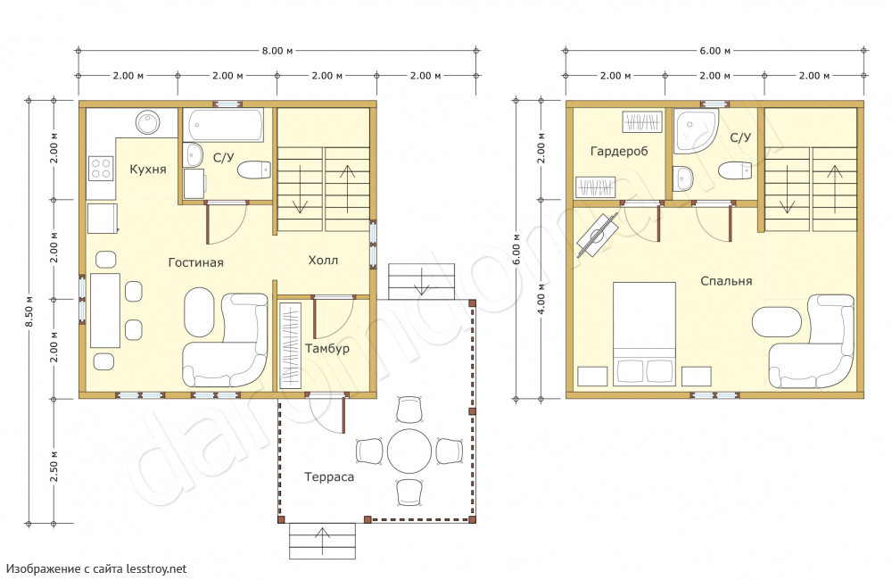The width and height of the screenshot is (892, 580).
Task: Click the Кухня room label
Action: (148, 169)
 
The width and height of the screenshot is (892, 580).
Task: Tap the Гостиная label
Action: (195, 262)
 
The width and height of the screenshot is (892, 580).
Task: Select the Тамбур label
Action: (327, 348)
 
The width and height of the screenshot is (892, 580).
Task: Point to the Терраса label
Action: (329, 477)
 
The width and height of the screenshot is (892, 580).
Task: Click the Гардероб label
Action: (619, 152)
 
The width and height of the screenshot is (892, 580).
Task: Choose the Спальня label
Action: (726, 281)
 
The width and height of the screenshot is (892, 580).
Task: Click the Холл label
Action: (323, 261)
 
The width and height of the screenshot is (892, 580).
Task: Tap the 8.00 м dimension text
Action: (277, 51)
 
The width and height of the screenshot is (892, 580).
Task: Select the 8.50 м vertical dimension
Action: (29, 311)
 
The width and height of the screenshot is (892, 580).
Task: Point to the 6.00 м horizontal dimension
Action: (715, 51)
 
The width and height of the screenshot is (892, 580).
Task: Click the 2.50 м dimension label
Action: (54, 466)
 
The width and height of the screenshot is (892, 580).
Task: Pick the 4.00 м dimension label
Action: (541, 298)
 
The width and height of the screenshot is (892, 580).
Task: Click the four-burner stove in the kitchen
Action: (102, 169)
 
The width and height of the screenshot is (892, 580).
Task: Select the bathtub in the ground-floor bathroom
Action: (226, 125)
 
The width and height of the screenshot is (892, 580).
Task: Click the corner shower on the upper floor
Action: (694, 130)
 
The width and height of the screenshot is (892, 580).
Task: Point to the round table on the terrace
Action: (409, 452)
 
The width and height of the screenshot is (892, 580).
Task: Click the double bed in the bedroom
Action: (644, 334)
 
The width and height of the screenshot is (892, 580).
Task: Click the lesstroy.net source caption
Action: (96, 568)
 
